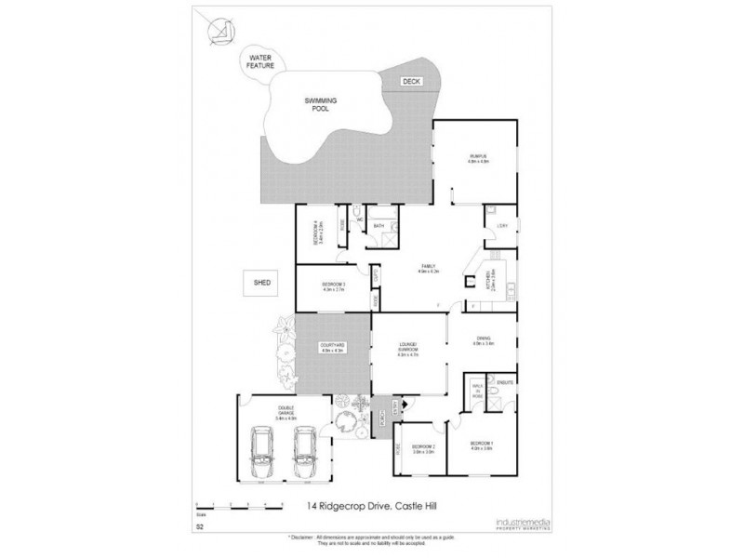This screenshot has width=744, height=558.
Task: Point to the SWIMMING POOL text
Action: click(319, 104)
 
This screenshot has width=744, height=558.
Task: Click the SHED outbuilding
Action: click(262, 281)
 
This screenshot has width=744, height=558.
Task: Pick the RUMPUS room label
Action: click(478, 157)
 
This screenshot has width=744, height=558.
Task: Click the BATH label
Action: click(379, 226)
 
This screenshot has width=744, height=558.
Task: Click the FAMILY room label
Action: click(427, 267)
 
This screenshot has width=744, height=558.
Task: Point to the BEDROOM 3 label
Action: click(334, 286)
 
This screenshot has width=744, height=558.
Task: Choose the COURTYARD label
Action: click(332, 347)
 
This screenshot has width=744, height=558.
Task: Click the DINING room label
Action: click(483, 339)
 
